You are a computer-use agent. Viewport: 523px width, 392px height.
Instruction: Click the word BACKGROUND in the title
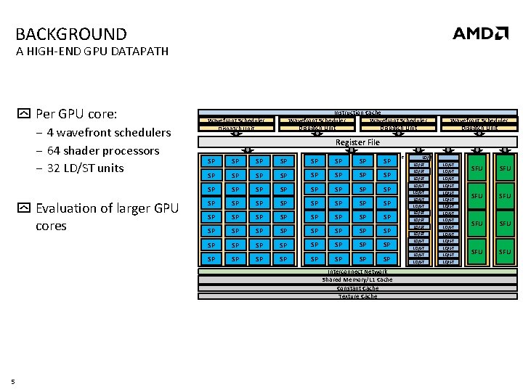point(70,34)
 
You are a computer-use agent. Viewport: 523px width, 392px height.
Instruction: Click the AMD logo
point(480,33)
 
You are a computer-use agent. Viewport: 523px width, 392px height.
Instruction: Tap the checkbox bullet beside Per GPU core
point(24,114)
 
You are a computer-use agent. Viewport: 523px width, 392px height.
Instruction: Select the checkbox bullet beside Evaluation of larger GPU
point(24,208)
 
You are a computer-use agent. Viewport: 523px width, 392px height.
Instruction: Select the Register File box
point(357,142)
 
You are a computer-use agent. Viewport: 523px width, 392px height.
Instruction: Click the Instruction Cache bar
point(357,113)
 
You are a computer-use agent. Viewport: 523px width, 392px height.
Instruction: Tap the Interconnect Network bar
point(357,271)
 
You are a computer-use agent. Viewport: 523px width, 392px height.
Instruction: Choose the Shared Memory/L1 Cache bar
point(357,279)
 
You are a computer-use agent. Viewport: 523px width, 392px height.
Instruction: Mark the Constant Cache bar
point(357,288)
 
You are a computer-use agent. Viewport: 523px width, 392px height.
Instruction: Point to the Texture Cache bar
point(357,296)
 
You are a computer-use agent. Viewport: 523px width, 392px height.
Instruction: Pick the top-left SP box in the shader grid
point(211,161)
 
